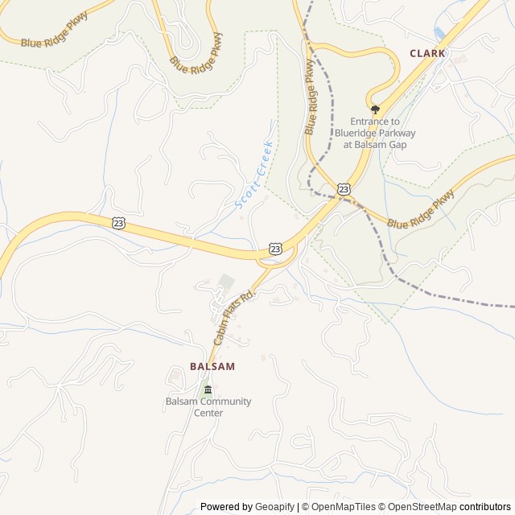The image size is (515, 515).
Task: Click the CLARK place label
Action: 427,53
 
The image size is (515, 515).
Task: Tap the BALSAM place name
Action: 212,366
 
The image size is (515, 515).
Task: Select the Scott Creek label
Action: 255,175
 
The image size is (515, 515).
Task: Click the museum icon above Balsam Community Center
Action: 208,390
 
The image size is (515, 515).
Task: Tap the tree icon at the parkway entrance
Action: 375,109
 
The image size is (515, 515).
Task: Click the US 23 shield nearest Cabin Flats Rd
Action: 276,249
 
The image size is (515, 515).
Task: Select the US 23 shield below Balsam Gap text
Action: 344,189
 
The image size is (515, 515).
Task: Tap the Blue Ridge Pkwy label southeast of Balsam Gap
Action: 420,211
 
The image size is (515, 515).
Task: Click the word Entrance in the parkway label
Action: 369,122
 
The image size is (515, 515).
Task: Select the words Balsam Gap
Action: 383,145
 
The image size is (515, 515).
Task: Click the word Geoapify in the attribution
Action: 274,507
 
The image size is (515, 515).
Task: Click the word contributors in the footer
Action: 485,507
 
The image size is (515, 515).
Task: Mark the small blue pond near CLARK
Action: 439,33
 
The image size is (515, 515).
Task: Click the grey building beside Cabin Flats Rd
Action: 227,282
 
